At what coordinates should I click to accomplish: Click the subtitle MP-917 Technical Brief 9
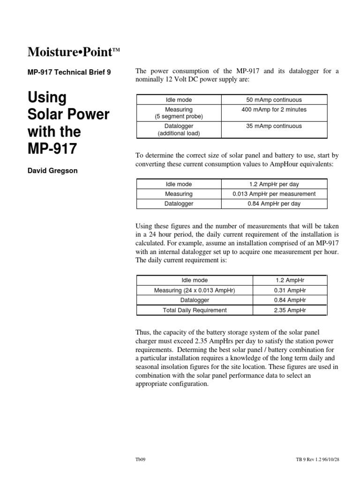click(x=70, y=73)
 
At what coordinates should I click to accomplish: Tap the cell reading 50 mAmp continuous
click(x=274, y=100)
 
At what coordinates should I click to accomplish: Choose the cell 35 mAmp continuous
click(x=274, y=126)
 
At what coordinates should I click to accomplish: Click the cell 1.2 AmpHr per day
click(x=274, y=184)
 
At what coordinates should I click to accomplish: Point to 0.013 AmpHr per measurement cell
click(x=274, y=194)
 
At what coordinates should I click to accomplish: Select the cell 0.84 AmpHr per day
click(x=274, y=204)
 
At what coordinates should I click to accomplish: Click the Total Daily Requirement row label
click(x=195, y=310)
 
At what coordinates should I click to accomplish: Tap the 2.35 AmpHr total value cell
click(x=289, y=310)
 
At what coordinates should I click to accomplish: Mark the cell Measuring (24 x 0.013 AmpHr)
click(x=195, y=290)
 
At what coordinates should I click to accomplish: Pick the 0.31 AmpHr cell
click(x=289, y=290)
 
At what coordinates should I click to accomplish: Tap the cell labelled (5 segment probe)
click(x=179, y=116)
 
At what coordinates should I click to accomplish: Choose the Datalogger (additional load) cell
click(x=179, y=130)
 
